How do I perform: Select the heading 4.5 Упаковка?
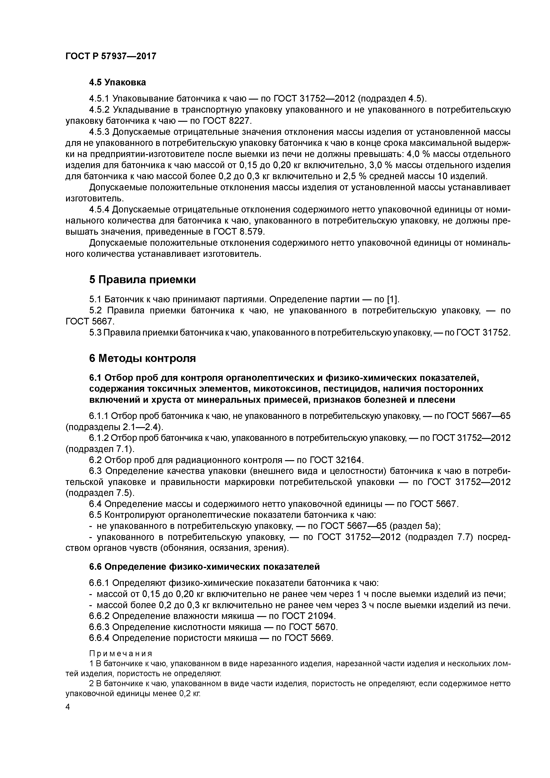pyautogui.click(x=117, y=82)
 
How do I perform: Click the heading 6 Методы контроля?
pyautogui.click(x=142, y=358)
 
